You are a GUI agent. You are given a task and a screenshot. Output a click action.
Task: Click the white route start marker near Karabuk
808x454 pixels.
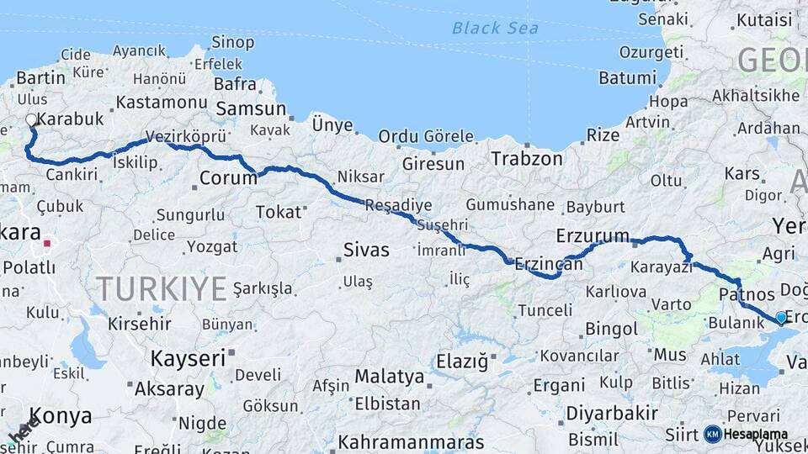(31, 120)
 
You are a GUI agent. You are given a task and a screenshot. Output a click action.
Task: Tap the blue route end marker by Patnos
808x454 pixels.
(780, 317)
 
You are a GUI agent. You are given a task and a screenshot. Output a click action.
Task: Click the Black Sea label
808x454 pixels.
(495, 28)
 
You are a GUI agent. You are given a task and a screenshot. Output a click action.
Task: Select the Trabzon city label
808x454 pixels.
(527, 158)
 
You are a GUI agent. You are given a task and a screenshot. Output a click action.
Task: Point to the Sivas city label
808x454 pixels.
(367, 250)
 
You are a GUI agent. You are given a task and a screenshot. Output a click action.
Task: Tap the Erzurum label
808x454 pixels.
(593, 235)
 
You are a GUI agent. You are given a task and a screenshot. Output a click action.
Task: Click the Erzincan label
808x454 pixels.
(548, 264)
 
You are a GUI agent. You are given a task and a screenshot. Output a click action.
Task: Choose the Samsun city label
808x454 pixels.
(251, 108)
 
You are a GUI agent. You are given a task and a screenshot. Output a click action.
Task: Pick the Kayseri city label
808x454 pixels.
(188, 358)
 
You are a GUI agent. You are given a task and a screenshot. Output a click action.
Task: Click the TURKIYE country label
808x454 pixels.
(161, 288)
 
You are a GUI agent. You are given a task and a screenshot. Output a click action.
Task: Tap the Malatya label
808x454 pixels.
(389, 376)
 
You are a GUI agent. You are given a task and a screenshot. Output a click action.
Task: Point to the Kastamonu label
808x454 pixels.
(161, 102)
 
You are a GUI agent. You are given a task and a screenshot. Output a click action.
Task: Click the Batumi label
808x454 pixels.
(626, 78)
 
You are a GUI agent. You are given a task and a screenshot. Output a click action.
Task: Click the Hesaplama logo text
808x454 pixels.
(757, 434)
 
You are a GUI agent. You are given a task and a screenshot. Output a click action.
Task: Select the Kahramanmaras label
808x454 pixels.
(411, 441)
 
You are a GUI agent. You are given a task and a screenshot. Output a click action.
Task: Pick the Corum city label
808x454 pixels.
(228, 178)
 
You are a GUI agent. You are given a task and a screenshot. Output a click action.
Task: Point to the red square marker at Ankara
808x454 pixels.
(48, 244)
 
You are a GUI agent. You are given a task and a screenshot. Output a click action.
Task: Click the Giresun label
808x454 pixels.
(433, 164)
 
